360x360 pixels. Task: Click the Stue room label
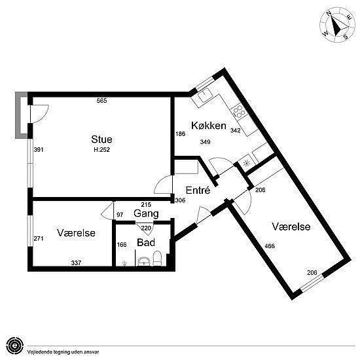pos(101,139)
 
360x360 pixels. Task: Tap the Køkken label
pos(209,126)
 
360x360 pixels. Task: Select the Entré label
pos(198,190)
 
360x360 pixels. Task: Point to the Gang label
pos(146,214)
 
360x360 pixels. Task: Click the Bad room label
pos(146,242)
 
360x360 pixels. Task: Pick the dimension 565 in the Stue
pos(101,101)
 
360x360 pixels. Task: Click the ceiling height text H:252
pos(101,150)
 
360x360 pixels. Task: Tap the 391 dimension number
pos(39,150)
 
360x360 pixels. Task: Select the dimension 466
pos(270,246)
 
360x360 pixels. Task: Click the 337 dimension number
pos(76,262)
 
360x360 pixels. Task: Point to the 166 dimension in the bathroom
pos(122,245)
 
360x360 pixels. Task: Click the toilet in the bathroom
pos(157,258)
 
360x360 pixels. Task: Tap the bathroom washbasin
pos(144,261)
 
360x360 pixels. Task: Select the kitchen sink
pos(206,95)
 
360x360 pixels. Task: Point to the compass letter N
pos(329,14)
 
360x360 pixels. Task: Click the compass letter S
pos(346,37)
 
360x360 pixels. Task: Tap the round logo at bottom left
pos(15,346)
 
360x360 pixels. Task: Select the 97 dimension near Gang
pos(120,215)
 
